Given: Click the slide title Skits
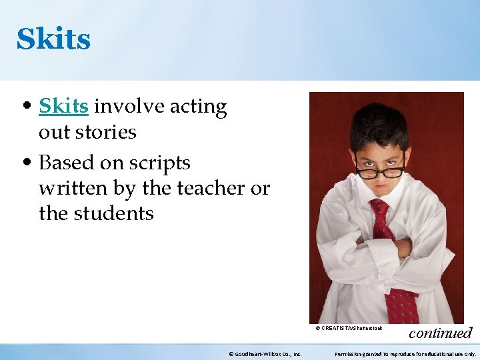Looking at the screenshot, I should [x=53, y=39].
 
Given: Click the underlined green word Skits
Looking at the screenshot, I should [x=63, y=107].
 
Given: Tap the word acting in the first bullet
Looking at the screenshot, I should [x=198, y=107].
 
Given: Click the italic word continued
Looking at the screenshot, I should [x=440, y=333].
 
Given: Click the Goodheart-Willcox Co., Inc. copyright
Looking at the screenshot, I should [x=265, y=354].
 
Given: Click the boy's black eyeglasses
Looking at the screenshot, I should [x=381, y=170].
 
